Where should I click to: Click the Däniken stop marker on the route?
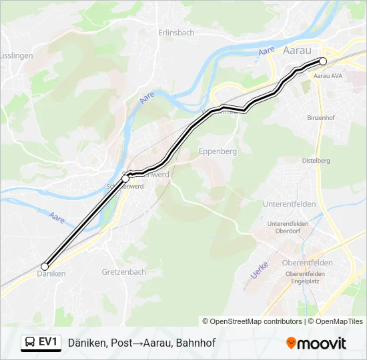pos(45,267)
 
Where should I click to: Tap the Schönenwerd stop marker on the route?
pos(125,179)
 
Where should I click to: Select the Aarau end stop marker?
pos(323,61)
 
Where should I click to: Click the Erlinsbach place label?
pos(177,33)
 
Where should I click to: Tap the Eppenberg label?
pos(218,152)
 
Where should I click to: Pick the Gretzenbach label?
pos(124,272)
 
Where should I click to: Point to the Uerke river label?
pos(258,269)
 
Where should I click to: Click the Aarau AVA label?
pos(328,76)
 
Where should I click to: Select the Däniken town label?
pos(51,274)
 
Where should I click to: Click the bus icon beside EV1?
pos(31,343)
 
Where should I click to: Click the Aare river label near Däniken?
pos(57,217)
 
